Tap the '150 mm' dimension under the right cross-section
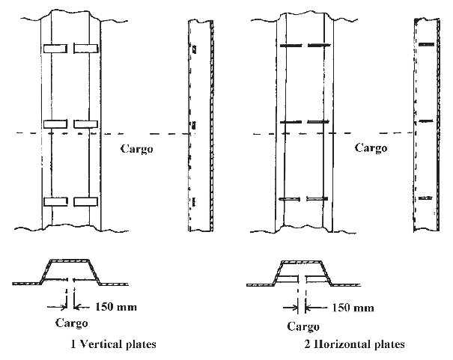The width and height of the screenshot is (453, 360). [352, 306]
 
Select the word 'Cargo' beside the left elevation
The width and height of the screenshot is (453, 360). [136, 148]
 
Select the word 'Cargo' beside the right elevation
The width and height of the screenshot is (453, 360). [371, 148]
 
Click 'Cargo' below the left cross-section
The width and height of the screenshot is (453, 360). [72, 323]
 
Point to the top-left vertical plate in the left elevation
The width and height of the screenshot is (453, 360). [55, 49]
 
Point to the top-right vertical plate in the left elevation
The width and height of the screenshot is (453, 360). [85, 49]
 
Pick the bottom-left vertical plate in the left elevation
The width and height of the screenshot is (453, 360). [55, 201]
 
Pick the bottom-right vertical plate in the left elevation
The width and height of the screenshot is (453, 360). [85, 201]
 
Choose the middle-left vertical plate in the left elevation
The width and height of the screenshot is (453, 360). [55, 123]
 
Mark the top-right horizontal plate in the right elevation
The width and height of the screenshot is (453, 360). [320, 46]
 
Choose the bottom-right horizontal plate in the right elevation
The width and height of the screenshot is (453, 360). [320, 198]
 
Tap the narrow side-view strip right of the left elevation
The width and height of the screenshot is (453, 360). [194, 123]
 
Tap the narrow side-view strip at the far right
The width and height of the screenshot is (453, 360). [425, 123]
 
